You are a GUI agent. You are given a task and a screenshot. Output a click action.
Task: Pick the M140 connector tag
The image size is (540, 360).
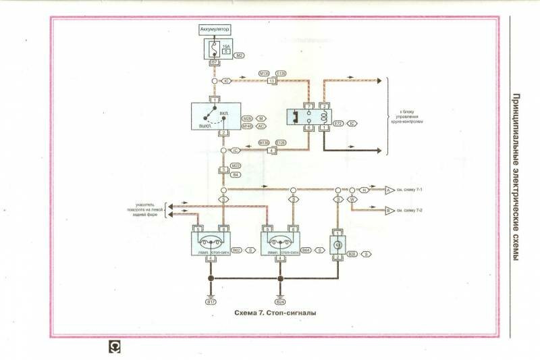pos(246,126)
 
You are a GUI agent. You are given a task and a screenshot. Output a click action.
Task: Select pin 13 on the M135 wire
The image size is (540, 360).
pos(271,81)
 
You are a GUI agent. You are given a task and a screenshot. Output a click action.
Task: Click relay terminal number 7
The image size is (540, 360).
pos(308,107)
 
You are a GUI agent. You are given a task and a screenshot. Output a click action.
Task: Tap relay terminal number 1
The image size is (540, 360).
pos(324,126)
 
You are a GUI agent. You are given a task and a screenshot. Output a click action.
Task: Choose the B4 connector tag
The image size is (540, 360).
pos(236,175)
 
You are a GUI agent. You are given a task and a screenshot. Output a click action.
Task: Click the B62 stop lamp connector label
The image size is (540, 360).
pos(236,251)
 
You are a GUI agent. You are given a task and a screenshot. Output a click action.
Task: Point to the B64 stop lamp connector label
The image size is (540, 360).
pos(306,251)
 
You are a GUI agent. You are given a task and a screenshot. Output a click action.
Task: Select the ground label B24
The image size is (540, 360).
pos(280,301)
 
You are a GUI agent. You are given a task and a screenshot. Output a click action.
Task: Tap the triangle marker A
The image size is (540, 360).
pos(388,190)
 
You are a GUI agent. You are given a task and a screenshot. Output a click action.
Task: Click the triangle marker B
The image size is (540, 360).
pos(388,211)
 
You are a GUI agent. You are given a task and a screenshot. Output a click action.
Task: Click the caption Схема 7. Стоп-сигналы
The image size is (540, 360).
pos(275,313)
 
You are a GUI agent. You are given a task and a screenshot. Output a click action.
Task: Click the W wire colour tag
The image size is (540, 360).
pos(352,200)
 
